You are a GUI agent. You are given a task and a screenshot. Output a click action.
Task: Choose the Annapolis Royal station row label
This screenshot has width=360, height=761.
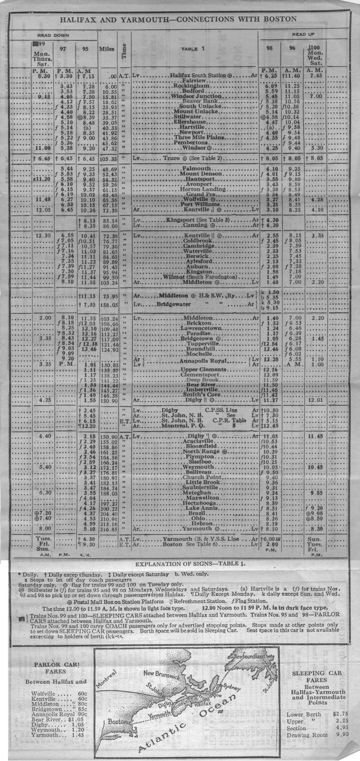[203, 361]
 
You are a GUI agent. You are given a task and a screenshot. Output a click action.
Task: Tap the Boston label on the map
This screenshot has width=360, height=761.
[117, 722]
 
